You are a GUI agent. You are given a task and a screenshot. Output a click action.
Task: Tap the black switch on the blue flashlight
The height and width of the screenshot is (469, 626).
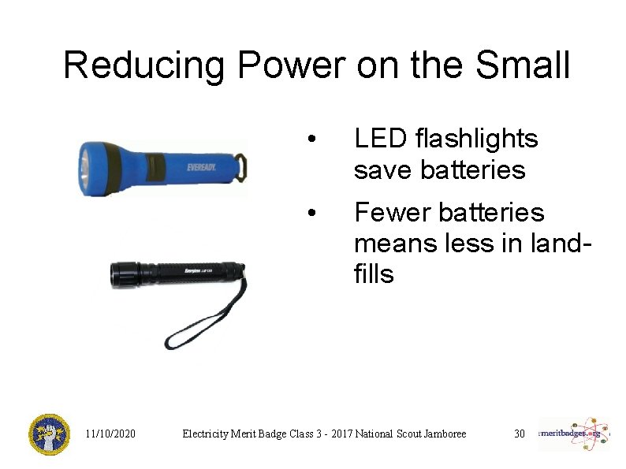point(154,166)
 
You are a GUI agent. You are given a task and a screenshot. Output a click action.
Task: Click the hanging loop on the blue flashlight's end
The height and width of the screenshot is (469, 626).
point(241,166)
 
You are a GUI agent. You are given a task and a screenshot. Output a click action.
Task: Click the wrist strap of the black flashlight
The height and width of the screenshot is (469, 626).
point(201,323)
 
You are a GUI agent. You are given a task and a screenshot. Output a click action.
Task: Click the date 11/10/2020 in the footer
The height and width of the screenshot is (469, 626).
point(110,434)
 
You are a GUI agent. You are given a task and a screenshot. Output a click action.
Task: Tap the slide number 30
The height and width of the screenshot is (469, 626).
point(519,434)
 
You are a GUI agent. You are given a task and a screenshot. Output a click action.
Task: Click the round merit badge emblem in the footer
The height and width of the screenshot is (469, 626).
point(49,434)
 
